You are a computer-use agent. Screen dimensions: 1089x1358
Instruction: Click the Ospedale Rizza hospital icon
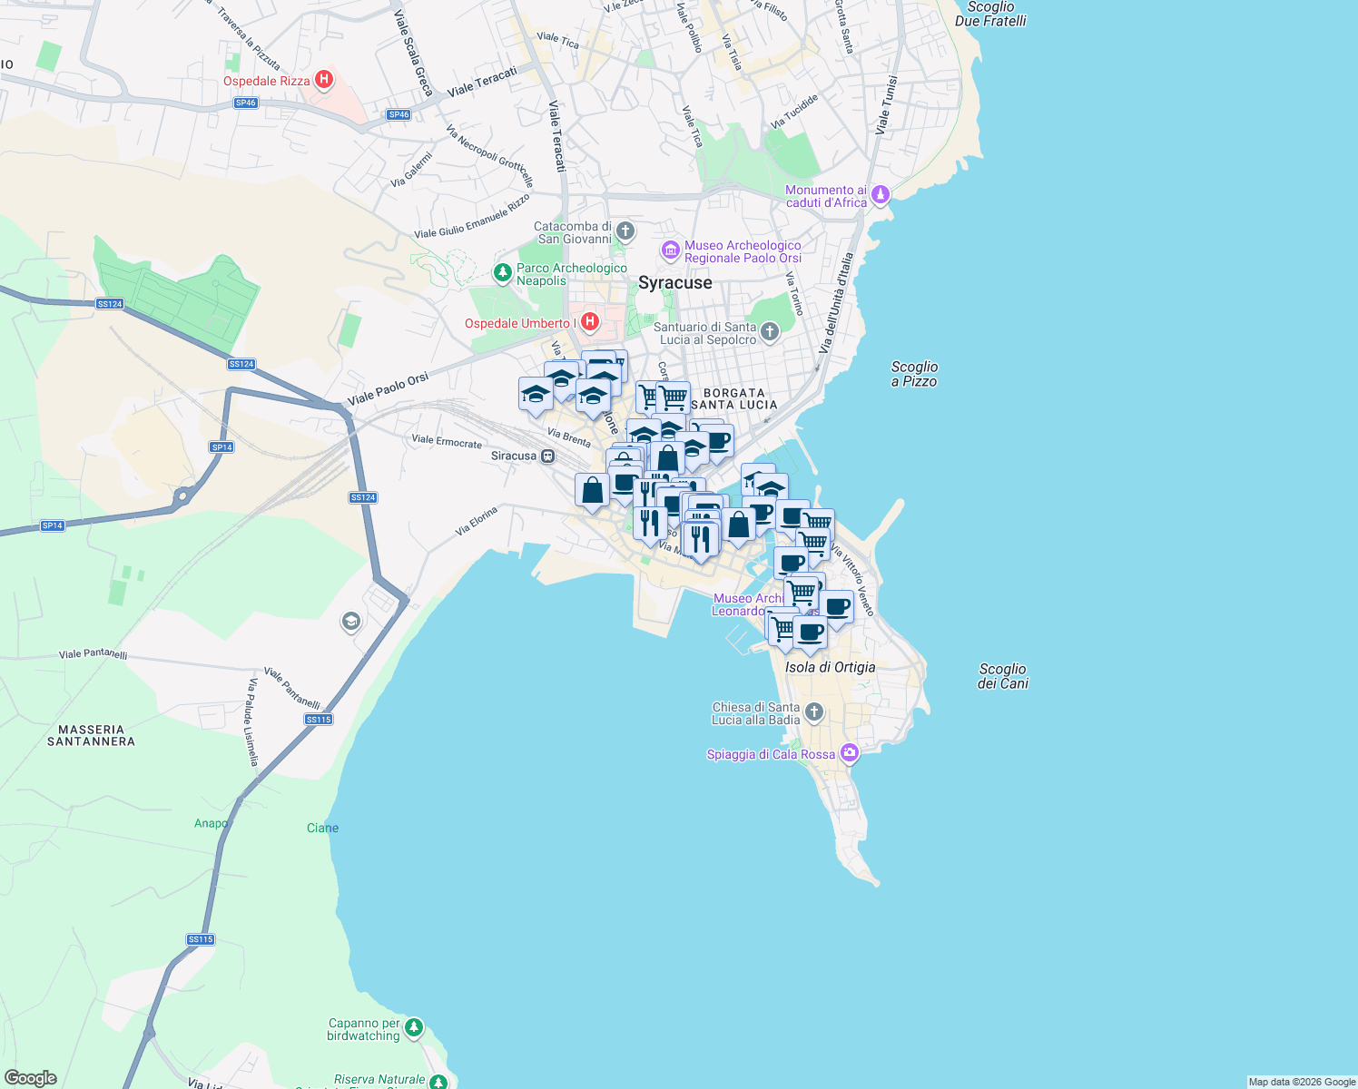322,81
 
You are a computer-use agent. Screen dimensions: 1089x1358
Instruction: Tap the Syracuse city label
674,283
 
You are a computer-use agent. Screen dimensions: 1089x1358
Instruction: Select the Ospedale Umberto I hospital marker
590,322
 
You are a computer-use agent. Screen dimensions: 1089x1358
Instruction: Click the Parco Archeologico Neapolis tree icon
502,272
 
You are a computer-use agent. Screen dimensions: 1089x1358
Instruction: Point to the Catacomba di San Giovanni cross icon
625,231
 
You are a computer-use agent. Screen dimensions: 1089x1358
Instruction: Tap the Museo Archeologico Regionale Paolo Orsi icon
671,250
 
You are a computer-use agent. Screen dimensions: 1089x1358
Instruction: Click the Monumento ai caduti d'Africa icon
880,195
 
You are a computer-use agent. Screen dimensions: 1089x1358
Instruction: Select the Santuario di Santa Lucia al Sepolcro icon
770,332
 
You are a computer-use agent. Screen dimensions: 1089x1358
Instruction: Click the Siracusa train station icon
548,456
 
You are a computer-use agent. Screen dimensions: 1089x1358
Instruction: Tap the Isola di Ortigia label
830,667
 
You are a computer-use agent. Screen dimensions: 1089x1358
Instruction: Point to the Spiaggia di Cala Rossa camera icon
849,752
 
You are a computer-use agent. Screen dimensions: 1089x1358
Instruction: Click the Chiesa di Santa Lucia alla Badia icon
814,712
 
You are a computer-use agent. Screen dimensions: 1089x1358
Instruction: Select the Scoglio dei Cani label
1002,676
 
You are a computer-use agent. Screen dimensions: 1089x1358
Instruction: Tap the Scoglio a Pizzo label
914,374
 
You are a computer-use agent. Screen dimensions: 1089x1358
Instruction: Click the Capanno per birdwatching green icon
414,1027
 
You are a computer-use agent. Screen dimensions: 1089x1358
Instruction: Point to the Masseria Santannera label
91,735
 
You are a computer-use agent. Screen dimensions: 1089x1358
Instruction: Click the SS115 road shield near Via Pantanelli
319,720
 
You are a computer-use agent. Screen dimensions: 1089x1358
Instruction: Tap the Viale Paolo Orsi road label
388,389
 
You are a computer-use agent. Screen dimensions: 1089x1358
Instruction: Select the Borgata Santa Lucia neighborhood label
733,399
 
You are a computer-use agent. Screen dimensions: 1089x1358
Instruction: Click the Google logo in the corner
31,1077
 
